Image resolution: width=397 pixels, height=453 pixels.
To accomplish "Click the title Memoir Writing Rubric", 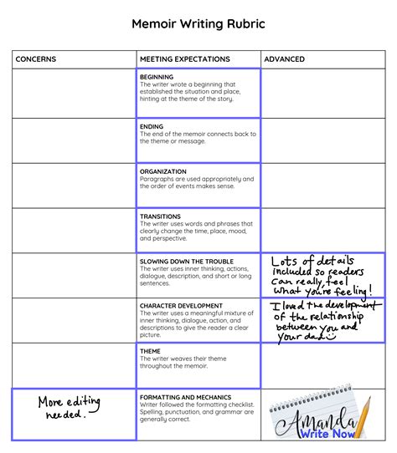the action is click(198, 23).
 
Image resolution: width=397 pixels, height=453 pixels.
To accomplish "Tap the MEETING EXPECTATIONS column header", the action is click(184, 59).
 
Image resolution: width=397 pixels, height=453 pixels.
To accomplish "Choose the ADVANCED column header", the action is click(285, 59).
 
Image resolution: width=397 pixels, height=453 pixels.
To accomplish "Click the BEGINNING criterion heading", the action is click(157, 77).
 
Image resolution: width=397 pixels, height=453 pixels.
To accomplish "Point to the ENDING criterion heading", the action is click(152, 126).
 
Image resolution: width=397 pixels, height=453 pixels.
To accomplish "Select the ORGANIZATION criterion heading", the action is click(163, 171).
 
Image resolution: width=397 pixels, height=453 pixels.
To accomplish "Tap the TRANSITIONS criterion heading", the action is click(161, 216).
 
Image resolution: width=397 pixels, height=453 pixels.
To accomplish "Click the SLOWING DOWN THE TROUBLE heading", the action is click(186, 262).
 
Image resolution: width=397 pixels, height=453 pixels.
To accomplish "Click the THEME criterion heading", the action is click(150, 352).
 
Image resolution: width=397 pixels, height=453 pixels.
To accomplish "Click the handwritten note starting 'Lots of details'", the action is click(321, 276).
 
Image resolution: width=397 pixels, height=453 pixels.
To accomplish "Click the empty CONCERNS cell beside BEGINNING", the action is click(74, 93).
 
